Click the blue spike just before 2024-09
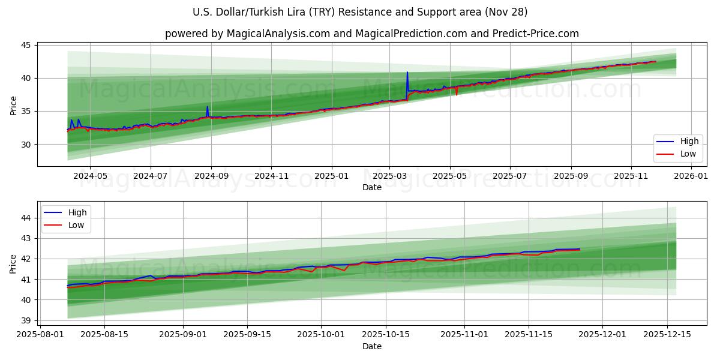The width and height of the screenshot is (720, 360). click(x=208, y=108)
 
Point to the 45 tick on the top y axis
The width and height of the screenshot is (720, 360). click(x=27, y=45)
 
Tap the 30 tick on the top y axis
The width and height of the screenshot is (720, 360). click(x=27, y=145)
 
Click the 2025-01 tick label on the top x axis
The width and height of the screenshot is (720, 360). click(x=331, y=177)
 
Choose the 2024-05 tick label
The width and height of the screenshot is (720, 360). click(x=90, y=177)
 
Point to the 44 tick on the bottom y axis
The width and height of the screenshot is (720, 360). click(x=27, y=218)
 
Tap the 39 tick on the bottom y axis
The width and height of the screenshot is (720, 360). click(x=27, y=320)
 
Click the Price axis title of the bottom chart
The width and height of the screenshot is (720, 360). click(x=13, y=263)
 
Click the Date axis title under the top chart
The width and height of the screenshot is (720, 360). click(x=372, y=187)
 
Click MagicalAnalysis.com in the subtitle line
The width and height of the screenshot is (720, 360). click(x=278, y=34)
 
